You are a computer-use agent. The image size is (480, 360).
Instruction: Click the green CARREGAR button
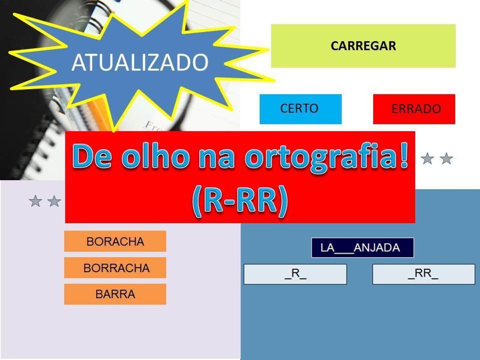tap(363, 46)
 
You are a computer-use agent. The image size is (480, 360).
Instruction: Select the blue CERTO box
tap(300, 109)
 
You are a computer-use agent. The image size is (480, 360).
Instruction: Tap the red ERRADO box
tap(414, 109)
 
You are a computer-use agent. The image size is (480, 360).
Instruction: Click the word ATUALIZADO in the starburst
tap(140, 63)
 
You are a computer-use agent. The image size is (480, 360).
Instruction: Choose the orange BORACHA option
tap(115, 241)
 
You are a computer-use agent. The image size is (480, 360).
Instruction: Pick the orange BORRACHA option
tap(115, 268)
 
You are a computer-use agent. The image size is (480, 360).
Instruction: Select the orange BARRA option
tap(115, 294)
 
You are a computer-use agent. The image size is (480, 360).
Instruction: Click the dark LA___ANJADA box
tap(362, 248)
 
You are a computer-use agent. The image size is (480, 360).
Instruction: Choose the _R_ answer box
tap(295, 274)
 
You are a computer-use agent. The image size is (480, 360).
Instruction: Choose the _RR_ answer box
tap(424, 274)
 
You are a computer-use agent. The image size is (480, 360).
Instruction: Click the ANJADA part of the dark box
tap(377, 248)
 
